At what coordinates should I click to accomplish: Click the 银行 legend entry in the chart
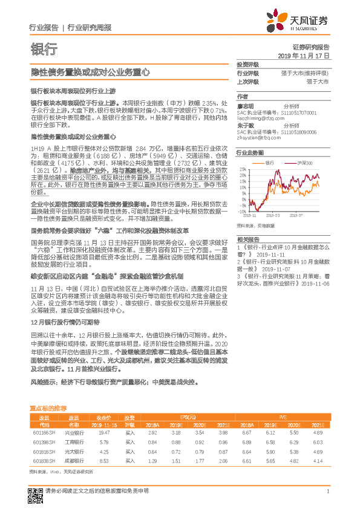point(269,163)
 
